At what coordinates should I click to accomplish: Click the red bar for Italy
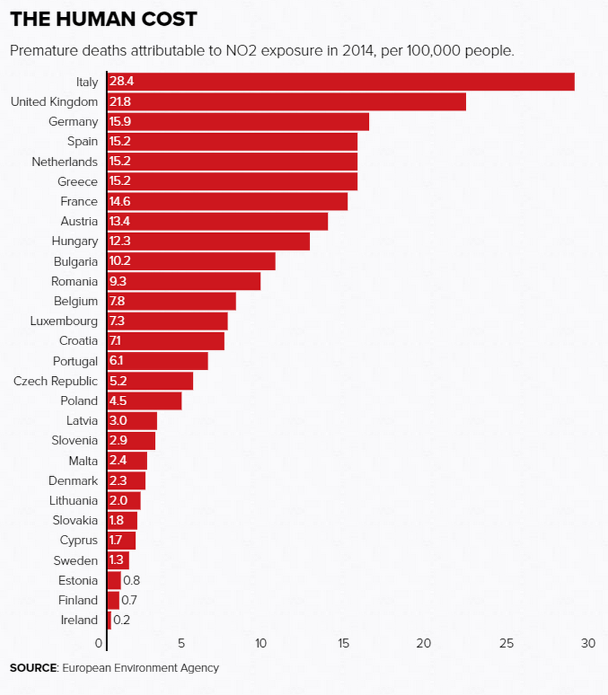pos(341,82)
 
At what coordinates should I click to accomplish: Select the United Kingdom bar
pos(287,102)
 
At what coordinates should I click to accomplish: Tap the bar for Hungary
pos(209,241)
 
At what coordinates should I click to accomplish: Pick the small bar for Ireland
pos(109,620)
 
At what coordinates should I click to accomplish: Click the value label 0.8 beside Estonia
pos(132,580)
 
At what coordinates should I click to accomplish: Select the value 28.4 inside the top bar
pos(122,82)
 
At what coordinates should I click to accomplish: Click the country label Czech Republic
pos(55,381)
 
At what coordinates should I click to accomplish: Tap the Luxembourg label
pos(64,321)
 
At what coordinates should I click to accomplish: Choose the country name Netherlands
pos(64,161)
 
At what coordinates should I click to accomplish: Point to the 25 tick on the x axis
pos(507,643)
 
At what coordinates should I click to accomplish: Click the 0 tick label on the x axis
pos(99,643)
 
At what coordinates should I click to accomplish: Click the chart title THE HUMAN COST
pos(103,19)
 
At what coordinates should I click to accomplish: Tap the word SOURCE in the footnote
pos(33,668)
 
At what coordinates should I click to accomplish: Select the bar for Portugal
pos(157,361)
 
